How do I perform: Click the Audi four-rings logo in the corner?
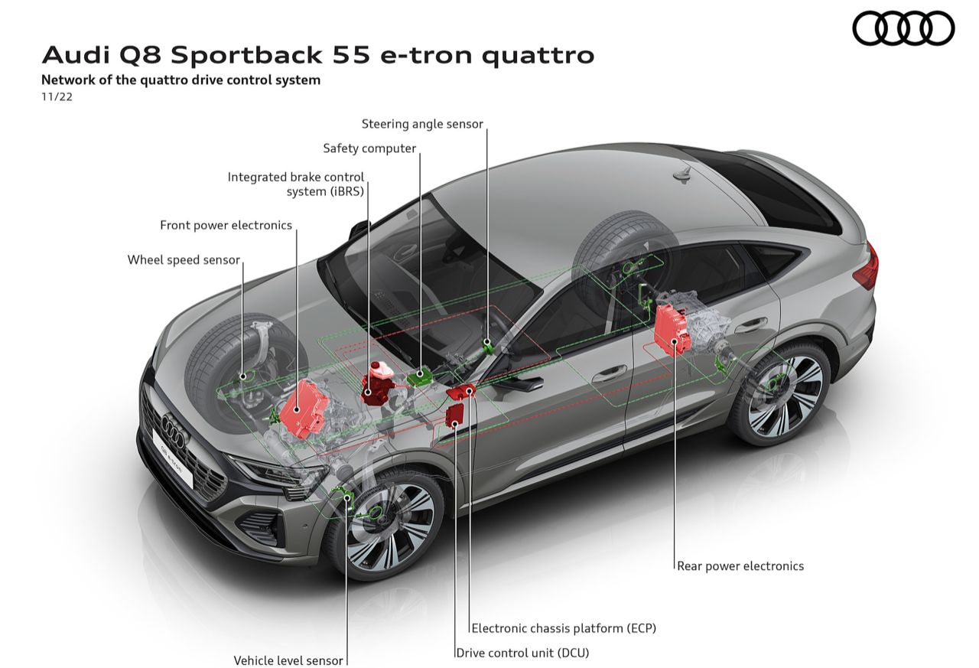tap(903, 28)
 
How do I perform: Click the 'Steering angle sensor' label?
tap(422, 124)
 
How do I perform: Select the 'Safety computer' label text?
tap(369, 148)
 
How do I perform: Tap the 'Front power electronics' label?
tap(226, 225)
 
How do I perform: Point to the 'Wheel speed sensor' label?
tap(184, 260)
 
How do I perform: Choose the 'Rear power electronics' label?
tap(740, 566)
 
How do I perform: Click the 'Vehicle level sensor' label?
tap(288, 660)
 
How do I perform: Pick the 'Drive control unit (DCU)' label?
tap(522, 653)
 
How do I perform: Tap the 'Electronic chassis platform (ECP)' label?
tap(564, 628)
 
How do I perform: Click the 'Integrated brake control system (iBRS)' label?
tap(295, 184)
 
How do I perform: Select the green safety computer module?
tap(418, 376)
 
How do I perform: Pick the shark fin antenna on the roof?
tap(681, 175)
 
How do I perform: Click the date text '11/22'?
tap(57, 96)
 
